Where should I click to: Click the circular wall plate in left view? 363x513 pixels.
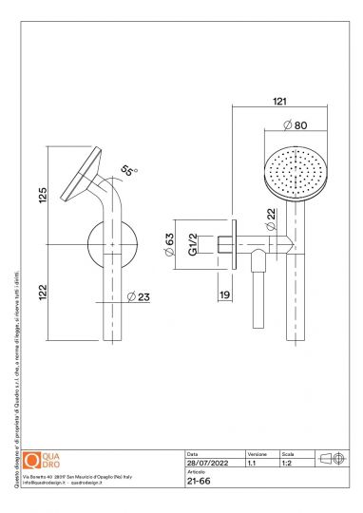coord(111,244)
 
